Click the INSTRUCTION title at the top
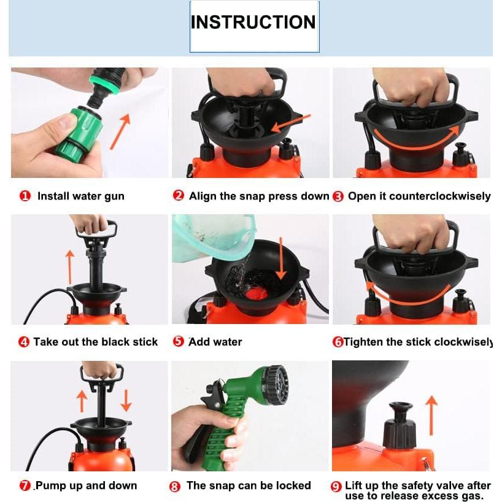click(253, 22)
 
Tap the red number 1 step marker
click(25, 196)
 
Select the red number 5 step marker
click(179, 341)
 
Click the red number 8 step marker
click(174, 487)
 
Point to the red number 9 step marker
click(336, 487)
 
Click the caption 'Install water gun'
click(80, 196)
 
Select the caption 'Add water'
click(215, 342)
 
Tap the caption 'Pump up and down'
click(86, 485)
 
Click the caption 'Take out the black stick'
click(95, 342)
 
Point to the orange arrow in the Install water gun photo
click(120, 131)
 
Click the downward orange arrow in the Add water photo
click(281, 258)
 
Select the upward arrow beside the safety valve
click(432, 415)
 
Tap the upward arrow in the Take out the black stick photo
click(70, 268)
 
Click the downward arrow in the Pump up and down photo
click(126, 401)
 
